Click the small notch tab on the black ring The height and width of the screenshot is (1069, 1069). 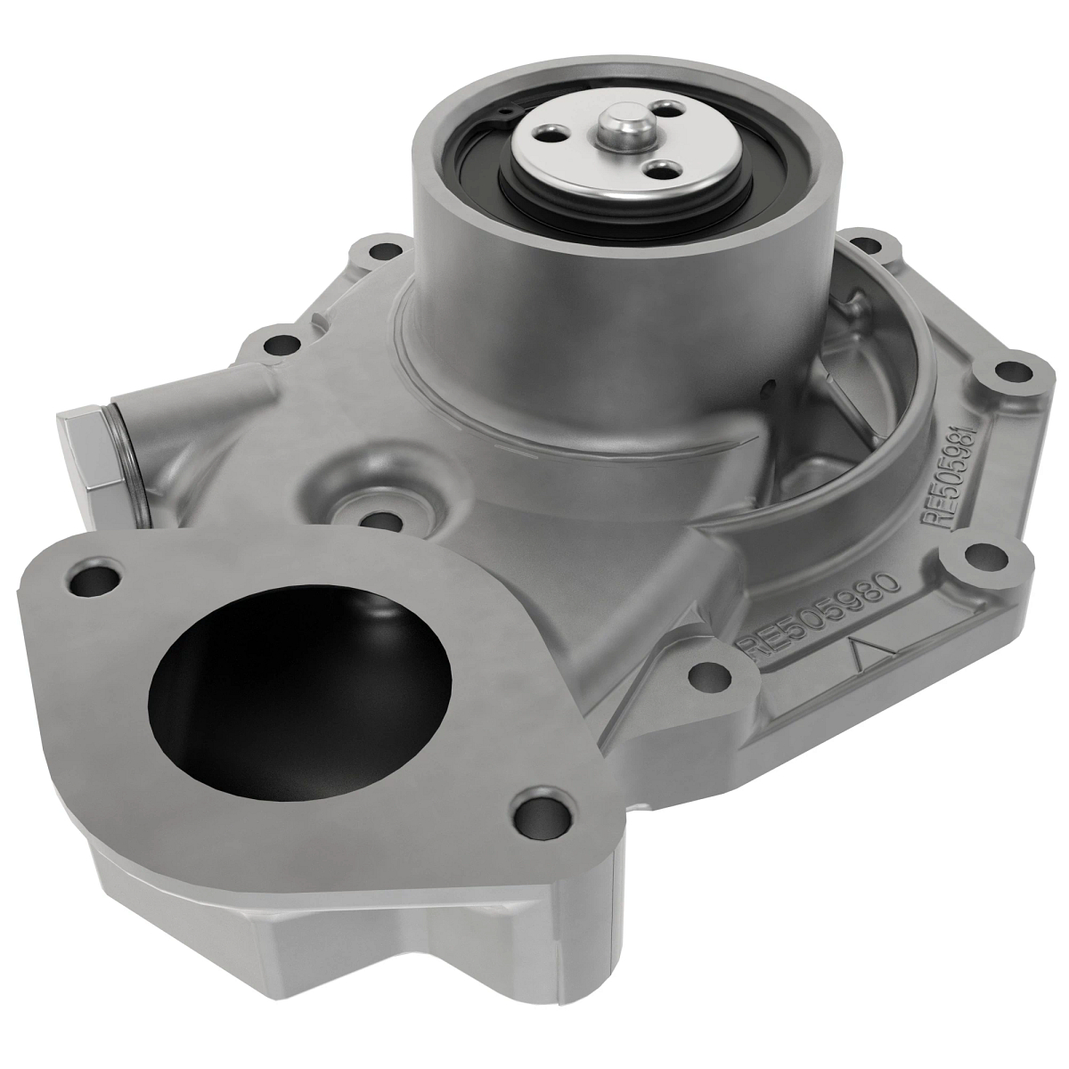click(505, 111)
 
